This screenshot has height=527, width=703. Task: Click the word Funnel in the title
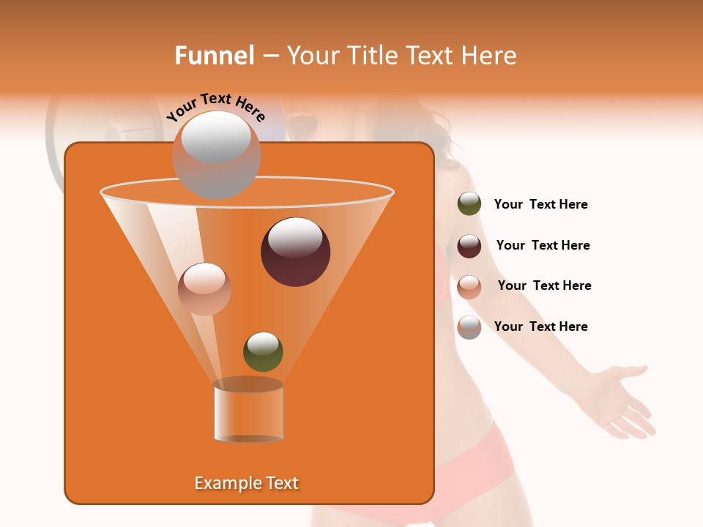click(x=214, y=56)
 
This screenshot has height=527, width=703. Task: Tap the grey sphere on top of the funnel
click(x=216, y=154)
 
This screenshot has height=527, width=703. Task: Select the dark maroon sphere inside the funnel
click(x=295, y=251)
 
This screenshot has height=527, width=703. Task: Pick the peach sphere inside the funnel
click(x=204, y=288)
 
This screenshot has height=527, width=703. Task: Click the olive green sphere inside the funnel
click(x=263, y=351)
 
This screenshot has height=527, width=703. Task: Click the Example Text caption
click(x=246, y=483)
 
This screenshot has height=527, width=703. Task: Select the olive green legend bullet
click(x=469, y=204)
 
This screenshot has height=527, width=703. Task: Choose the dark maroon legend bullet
click(x=469, y=245)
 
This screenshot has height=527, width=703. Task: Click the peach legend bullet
click(x=469, y=286)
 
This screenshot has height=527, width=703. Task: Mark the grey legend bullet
click(x=469, y=327)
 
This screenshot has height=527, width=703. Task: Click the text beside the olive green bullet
click(x=540, y=205)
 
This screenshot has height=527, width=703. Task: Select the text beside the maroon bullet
click(x=543, y=245)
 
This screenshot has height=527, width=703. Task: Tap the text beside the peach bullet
click(x=544, y=285)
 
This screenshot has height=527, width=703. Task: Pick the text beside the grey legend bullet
click(x=540, y=326)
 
